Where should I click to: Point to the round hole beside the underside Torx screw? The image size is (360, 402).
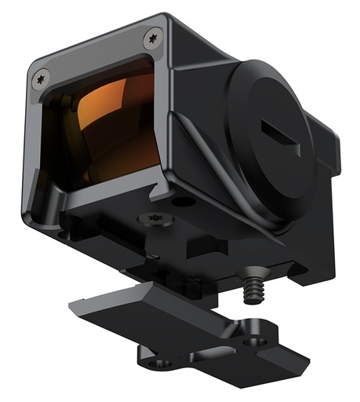pyautogui.click(x=182, y=203)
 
